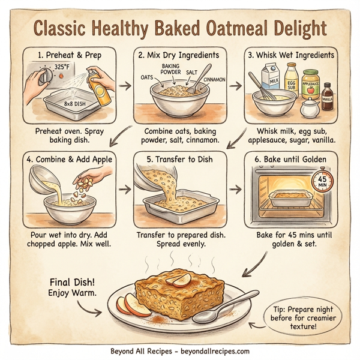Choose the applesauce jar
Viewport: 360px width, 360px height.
[310, 86]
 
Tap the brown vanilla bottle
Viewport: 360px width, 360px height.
[327, 97]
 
